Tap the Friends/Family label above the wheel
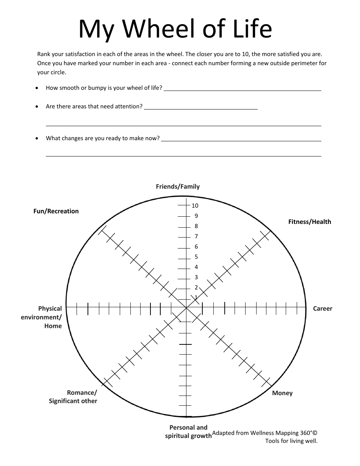tap(178, 186)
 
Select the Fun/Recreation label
tap(56, 211)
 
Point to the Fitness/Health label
tap(310, 222)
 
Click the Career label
tap(322, 308)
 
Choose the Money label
tap(282, 393)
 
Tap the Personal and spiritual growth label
tap(188, 432)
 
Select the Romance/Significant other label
tap(73, 397)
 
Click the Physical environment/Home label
tap(42, 317)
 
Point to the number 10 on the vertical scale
tap(195, 206)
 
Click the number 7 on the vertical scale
tap(196, 236)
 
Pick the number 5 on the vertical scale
tap(196, 257)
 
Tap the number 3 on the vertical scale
tap(196, 277)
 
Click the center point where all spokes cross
tap(186, 308)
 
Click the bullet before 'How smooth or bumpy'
tap(36, 88)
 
